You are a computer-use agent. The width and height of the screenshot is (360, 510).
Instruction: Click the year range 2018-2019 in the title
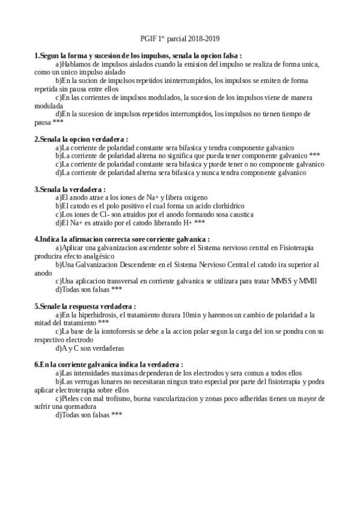204,38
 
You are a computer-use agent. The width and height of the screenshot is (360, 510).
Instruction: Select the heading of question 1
138,55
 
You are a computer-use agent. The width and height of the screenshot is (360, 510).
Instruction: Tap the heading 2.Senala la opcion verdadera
81,139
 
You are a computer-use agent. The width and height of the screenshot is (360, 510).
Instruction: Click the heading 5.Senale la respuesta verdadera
85,306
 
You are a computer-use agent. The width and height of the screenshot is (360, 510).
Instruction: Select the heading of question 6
109,364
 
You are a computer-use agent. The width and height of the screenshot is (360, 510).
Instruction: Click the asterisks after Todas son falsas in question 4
117,289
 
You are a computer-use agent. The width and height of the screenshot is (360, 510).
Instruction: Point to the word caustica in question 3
240,214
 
